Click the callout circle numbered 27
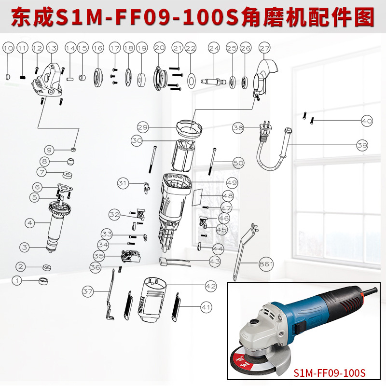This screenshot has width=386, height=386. click(264, 48)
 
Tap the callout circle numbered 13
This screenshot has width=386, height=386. click(52, 48)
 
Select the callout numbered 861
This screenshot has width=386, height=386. click(266, 264)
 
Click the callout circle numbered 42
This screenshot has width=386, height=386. click(211, 286)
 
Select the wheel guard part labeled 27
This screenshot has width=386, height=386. click(261, 77)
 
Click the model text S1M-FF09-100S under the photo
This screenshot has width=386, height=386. click(330, 373)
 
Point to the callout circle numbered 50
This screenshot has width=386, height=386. click(238, 163)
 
